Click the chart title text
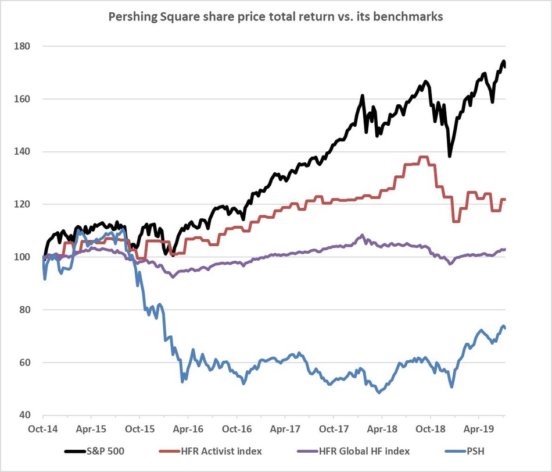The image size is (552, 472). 276,17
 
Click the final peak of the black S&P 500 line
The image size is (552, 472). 504,62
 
